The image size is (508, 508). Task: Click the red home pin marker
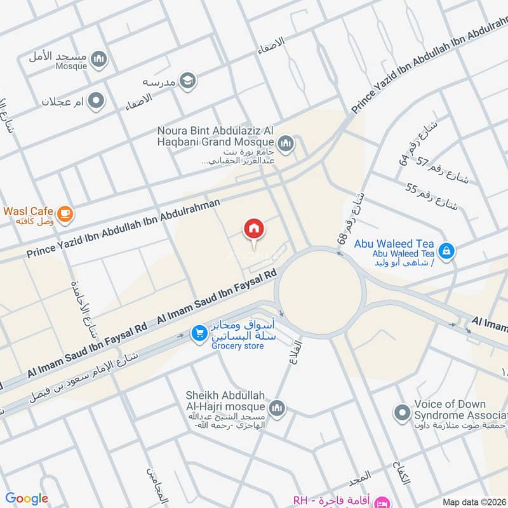[254, 229]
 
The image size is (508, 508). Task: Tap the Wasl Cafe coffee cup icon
[64, 215]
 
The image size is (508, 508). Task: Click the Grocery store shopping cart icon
[199, 332]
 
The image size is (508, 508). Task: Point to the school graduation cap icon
[188, 81]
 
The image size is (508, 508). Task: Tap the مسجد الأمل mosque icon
[98, 60]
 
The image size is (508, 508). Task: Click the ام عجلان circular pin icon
[96, 101]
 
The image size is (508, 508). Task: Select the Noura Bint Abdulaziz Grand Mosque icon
[286, 144]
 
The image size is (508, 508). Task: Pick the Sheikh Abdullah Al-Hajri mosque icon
[277, 406]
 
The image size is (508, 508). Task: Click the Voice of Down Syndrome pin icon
[401, 413]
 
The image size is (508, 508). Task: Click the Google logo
[27, 498]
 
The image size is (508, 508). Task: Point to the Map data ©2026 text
[473, 502]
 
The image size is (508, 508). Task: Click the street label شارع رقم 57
[443, 170]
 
